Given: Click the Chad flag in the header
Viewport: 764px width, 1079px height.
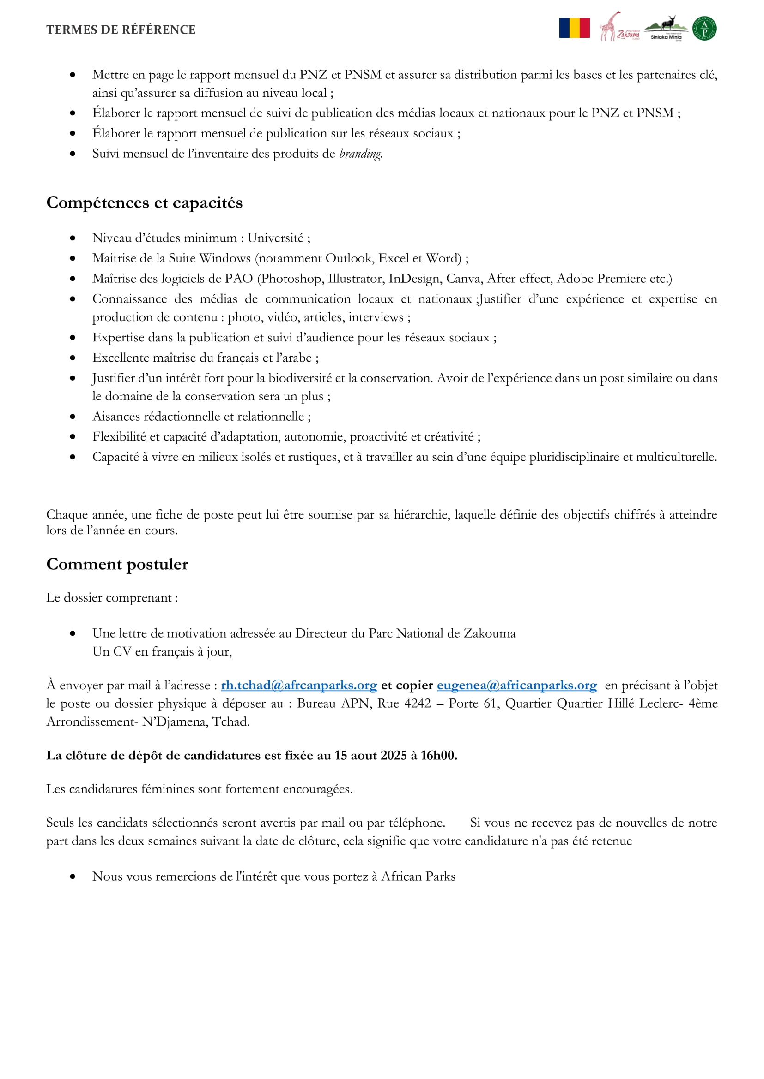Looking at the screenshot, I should (574, 28).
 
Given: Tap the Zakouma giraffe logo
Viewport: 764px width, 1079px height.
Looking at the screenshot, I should (618, 27).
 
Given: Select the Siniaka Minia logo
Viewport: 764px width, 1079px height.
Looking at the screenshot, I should (666, 28).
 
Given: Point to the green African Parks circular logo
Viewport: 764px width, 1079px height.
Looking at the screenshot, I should (704, 28).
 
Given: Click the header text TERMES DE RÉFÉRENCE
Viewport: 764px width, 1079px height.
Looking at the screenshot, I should (121, 30).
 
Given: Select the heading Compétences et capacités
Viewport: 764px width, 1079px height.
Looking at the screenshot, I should (145, 203).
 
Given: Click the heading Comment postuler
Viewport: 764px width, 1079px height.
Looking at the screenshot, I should (117, 564).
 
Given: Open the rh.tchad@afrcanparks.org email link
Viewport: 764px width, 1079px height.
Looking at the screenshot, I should (299, 685).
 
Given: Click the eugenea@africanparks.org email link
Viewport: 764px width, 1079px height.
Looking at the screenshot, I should (516, 685).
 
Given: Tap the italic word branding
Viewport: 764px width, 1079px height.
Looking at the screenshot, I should (360, 154).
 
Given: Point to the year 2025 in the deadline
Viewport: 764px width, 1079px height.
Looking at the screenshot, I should (393, 755).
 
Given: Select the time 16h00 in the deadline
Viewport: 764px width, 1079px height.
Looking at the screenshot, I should (438, 755).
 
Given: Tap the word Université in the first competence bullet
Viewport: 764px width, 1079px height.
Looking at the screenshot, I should (275, 238).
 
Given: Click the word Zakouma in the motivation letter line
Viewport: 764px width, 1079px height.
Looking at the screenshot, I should (489, 633).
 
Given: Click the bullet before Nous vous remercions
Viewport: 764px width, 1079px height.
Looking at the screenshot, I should (73, 877).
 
